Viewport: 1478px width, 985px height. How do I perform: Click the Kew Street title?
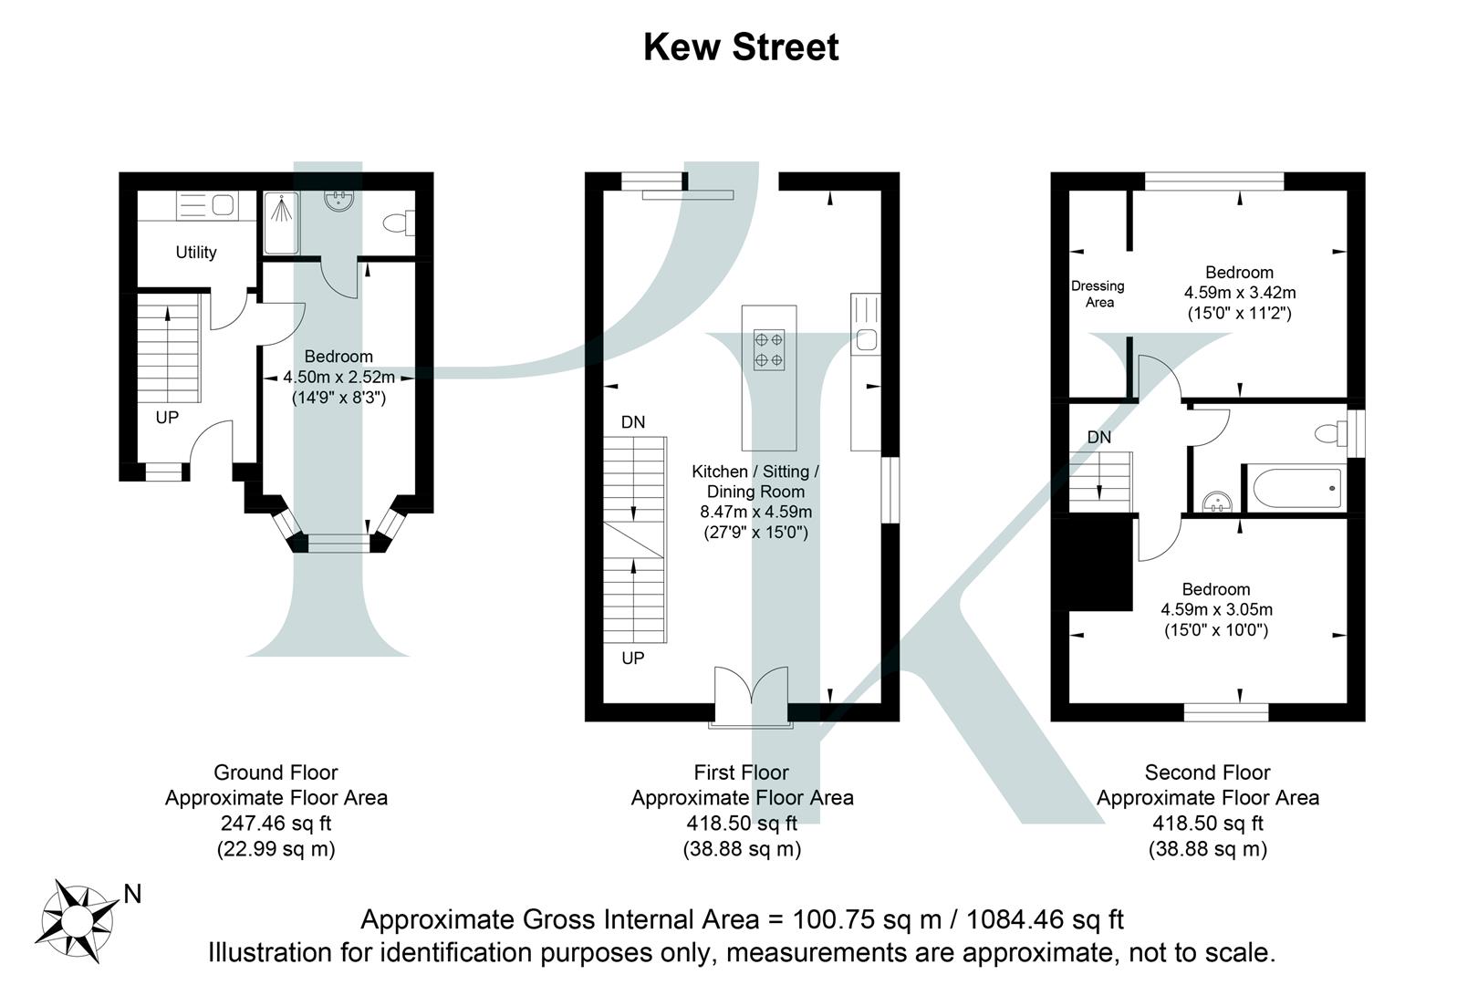click(740, 47)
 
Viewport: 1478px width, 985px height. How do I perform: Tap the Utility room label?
click(196, 253)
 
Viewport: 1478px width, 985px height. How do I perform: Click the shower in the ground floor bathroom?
click(281, 223)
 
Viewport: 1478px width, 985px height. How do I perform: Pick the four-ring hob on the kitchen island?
click(768, 349)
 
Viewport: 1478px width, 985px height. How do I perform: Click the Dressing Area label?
click(1098, 294)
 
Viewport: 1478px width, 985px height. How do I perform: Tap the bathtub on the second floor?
click(1296, 490)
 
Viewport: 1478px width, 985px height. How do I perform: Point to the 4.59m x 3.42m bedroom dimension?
click(1240, 293)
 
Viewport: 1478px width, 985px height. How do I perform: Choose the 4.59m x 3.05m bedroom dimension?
click(1216, 609)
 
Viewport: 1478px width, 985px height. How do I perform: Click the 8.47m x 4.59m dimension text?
click(755, 512)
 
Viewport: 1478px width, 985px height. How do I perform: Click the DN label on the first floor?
click(633, 422)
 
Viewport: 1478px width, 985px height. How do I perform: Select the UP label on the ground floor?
click(167, 418)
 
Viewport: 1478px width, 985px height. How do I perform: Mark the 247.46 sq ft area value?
click(276, 823)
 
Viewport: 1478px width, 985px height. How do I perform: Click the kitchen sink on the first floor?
click(866, 341)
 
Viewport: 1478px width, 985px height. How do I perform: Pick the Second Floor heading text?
click(1207, 772)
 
